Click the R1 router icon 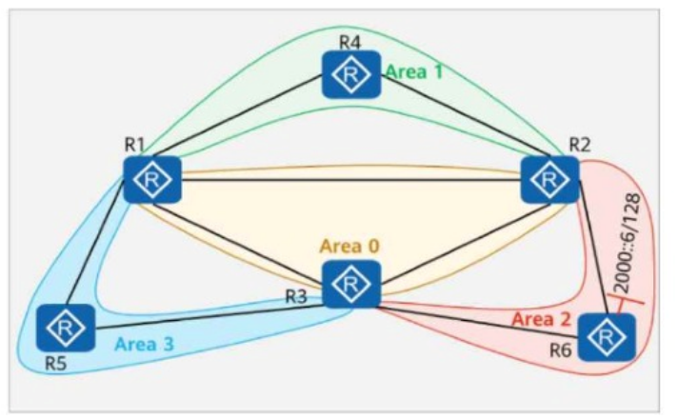pos(152,179)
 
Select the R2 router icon pos(549,179)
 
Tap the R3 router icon pos(351,284)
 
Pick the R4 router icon pos(351,74)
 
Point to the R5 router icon pos(66,329)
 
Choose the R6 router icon pos(608,337)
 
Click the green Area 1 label pos(414,71)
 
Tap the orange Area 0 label pos(349,246)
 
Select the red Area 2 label pos(542,320)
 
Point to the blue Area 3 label pos(144,344)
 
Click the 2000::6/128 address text pos(627,243)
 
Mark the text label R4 pos(349,42)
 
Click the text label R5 pos(56,364)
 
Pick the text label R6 pos(560,350)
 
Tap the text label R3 pos(297,296)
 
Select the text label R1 pos(134,145)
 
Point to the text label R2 pos(579,145)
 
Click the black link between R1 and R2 pos(351,179)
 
